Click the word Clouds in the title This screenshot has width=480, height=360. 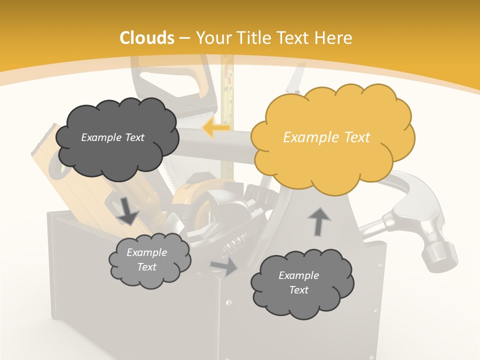coord(147,38)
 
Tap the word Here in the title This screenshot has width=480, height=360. coord(334,38)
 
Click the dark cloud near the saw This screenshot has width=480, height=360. coord(115,137)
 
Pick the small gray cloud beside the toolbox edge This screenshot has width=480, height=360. coord(149,260)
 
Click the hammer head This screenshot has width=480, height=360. coord(425,235)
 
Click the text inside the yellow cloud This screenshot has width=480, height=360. coord(326,137)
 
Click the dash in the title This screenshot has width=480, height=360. coord(184,38)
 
